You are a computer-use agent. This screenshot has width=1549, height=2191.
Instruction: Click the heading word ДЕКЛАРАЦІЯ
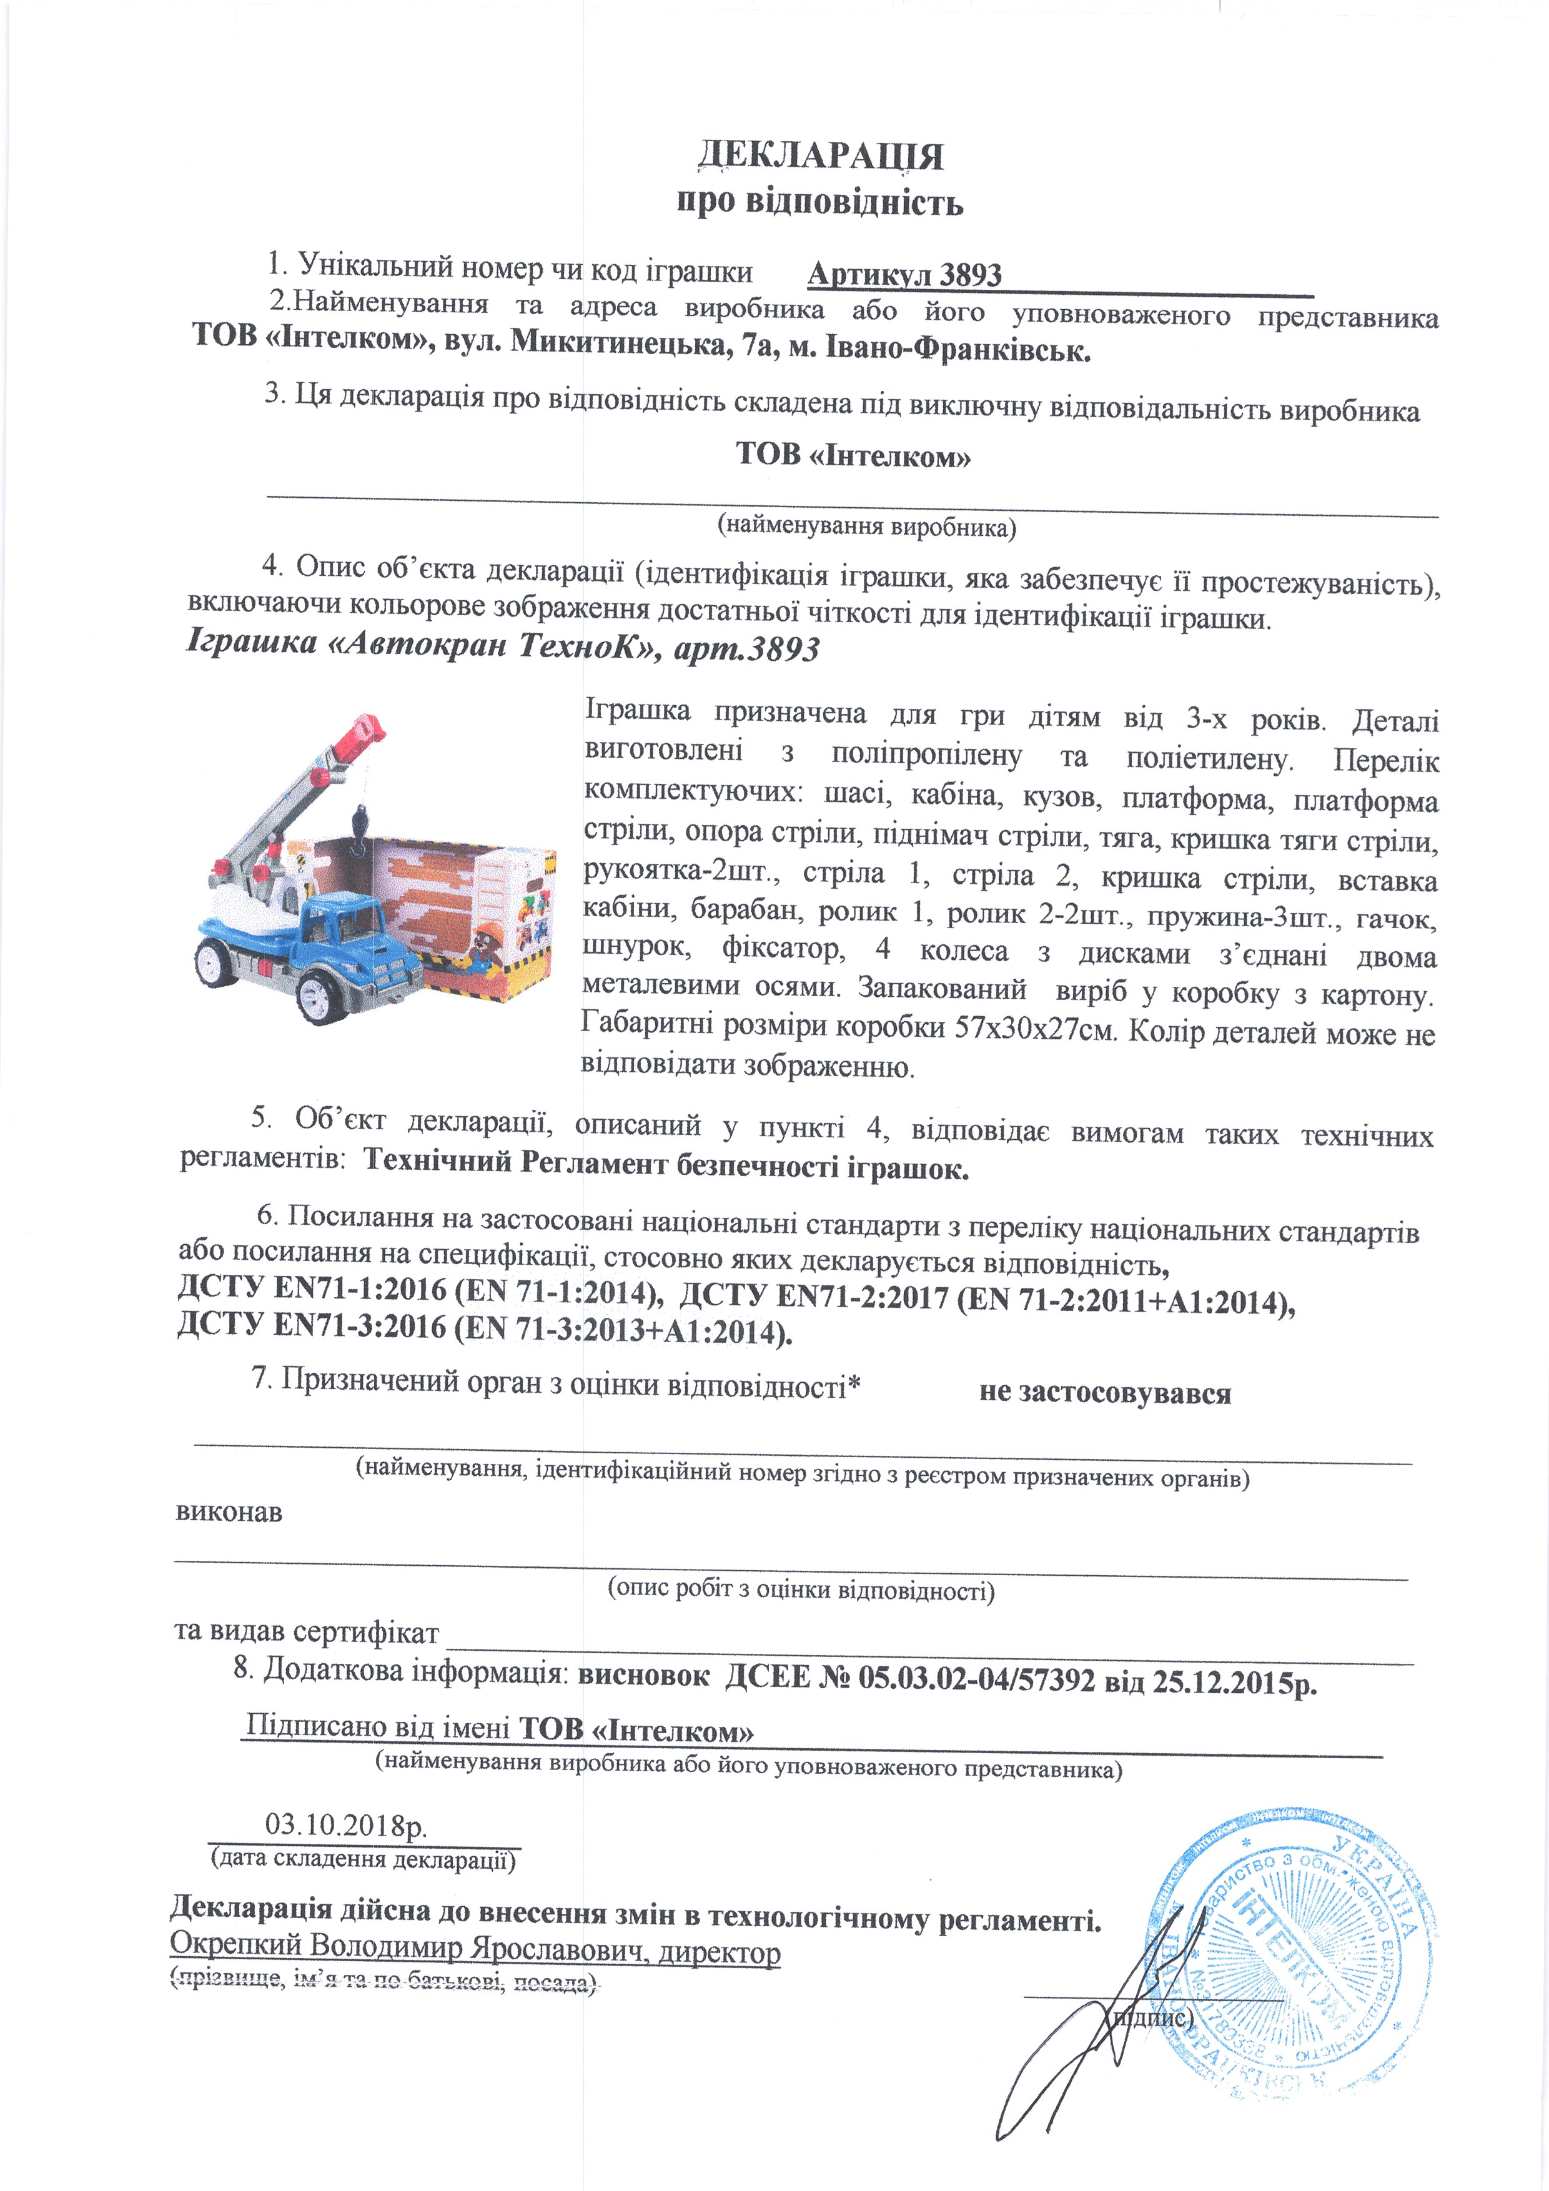pyautogui.click(x=821, y=156)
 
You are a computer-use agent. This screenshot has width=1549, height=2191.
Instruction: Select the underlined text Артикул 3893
pyautogui.click(x=904, y=275)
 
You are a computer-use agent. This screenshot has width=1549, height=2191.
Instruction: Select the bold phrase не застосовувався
pyautogui.click(x=1104, y=1393)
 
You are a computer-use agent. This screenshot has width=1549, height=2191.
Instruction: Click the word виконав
pyautogui.click(x=229, y=1513)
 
